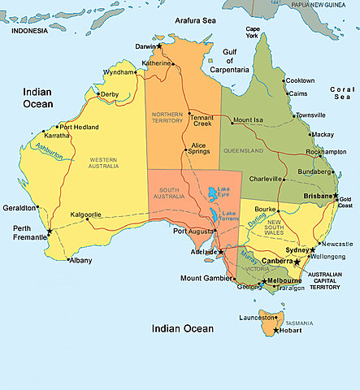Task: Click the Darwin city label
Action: (144, 46)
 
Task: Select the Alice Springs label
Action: (198, 149)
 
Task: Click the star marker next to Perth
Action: (49, 232)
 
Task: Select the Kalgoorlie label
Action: (86, 214)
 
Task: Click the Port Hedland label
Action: (79, 127)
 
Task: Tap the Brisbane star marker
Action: (336, 196)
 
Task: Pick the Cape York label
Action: (253, 32)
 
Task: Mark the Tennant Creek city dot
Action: (189, 113)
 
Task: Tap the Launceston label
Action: (259, 318)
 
